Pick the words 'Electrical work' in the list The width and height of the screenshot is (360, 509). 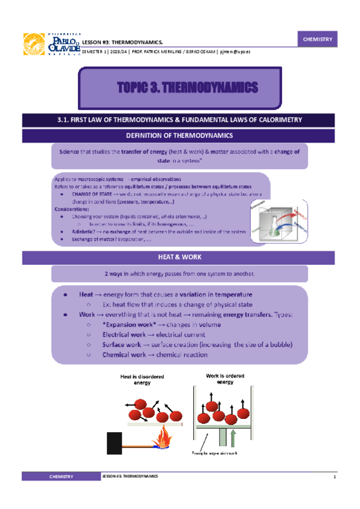[124, 335]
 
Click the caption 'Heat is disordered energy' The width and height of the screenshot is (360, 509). [143, 380]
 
